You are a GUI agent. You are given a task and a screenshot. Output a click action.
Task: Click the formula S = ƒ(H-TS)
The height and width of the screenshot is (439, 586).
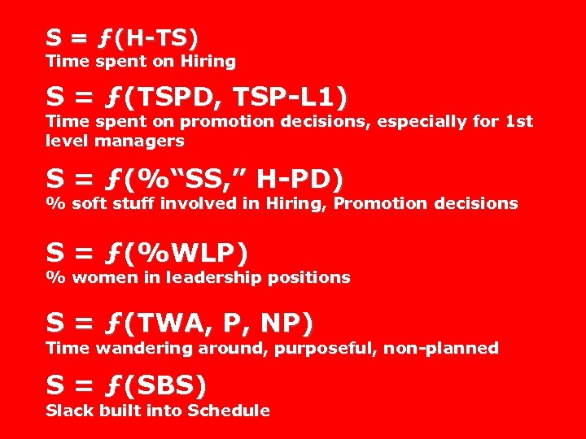click(122, 37)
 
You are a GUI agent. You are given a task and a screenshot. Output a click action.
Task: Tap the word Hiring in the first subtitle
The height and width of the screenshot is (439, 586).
click(210, 61)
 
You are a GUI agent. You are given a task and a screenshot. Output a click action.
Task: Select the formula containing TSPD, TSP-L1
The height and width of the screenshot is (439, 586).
click(195, 98)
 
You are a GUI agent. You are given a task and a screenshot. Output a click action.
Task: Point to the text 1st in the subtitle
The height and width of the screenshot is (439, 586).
click(519, 122)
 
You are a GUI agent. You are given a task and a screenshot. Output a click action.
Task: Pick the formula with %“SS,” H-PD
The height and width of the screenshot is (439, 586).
click(195, 178)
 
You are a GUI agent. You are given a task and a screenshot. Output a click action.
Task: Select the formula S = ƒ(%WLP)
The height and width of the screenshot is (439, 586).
click(146, 254)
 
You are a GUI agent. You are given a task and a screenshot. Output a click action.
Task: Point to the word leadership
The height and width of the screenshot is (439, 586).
click(210, 277)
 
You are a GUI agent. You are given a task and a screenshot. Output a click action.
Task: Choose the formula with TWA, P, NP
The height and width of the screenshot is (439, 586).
click(178, 324)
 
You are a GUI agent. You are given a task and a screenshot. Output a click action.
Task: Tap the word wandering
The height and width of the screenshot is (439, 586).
click(137, 348)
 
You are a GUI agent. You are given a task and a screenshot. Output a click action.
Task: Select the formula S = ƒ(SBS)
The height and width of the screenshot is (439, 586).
click(126, 385)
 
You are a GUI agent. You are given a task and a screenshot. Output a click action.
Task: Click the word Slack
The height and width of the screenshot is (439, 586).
click(70, 411)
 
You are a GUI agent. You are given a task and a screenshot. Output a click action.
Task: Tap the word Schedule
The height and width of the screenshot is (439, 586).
click(228, 411)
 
